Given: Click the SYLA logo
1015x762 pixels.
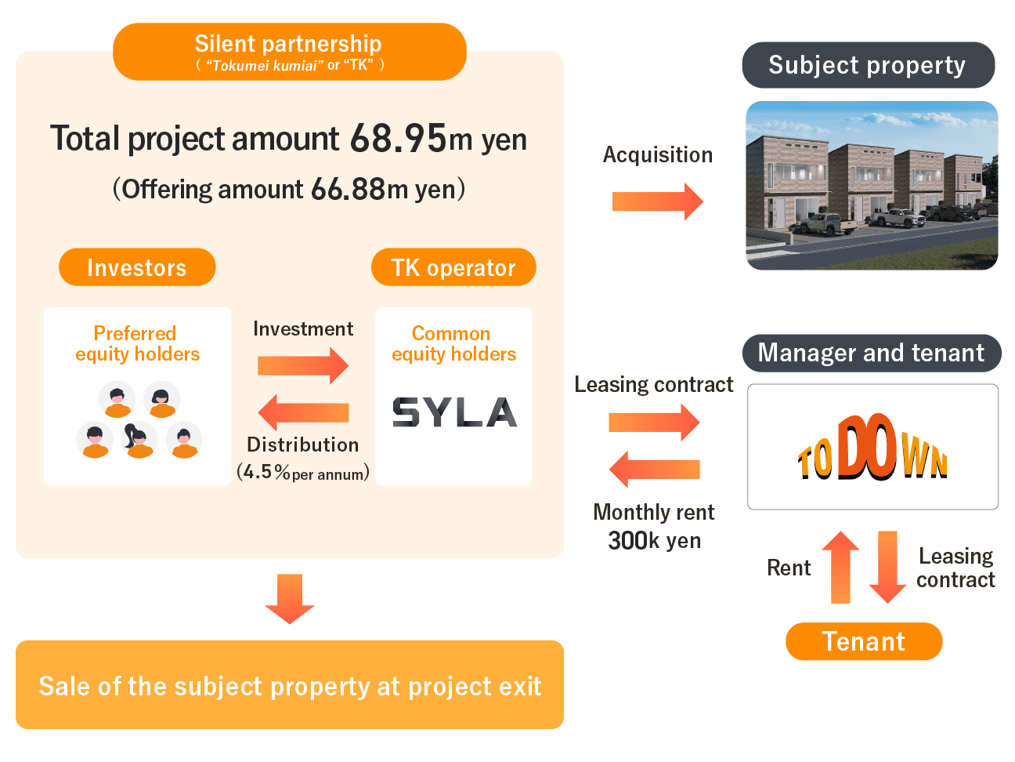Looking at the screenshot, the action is point(454,412).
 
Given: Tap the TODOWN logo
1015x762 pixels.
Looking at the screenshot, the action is point(872,447).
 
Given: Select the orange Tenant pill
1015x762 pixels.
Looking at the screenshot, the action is point(863,640).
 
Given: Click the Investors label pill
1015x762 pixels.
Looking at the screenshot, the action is point(137,267).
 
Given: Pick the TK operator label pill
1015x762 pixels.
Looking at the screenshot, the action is point(453,267).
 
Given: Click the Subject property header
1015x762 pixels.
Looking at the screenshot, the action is point(868,65).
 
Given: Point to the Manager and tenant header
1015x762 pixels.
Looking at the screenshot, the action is point(871,353).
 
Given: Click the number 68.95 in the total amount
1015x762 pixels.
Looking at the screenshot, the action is point(398,138).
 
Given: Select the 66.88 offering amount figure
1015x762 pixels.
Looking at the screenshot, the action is point(349,189).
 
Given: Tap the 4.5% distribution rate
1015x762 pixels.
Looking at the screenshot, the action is point(267,472).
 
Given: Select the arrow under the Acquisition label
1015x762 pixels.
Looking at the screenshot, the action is point(657,201).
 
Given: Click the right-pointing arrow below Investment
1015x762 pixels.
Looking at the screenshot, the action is point(303,365).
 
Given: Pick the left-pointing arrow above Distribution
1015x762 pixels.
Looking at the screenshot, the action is point(303,412).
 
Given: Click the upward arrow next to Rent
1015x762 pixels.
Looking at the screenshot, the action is point(840,567).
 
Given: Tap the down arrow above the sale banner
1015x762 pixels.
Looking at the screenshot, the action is point(290,599).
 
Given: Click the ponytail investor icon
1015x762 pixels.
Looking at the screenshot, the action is point(139,440).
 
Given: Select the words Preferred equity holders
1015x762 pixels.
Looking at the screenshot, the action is point(137,343).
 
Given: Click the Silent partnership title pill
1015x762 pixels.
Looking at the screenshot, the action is point(290,52).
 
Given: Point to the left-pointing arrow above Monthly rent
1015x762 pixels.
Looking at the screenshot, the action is point(654,469).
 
